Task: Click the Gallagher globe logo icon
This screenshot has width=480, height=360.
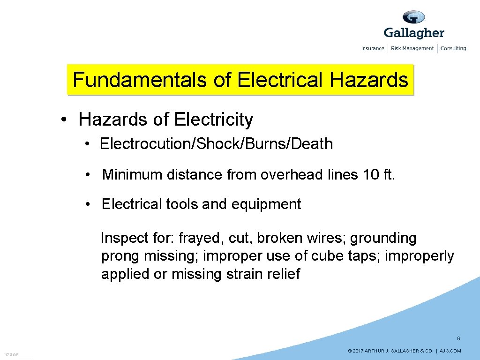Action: (x=413, y=17)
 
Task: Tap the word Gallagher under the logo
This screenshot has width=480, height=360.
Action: (x=413, y=33)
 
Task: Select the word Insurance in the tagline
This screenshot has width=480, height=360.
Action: (x=373, y=48)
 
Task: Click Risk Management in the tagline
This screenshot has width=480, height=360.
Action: (x=412, y=48)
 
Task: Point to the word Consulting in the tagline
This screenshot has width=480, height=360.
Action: (x=453, y=48)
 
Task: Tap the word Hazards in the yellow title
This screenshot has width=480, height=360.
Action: (x=369, y=80)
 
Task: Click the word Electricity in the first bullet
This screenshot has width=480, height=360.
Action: (x=213, y=120)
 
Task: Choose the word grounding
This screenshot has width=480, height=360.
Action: (x=383, y=238)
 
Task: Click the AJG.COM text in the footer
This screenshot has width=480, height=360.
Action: (x=450, y=351)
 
